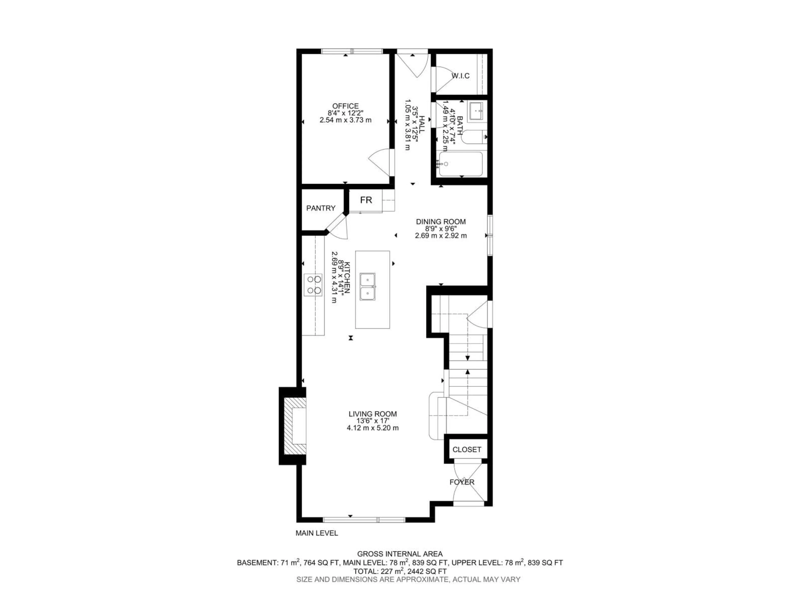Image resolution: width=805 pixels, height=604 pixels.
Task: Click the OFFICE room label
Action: [x=345, y=106]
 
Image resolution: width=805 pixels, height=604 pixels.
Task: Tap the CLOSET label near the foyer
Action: [x=467, y=450]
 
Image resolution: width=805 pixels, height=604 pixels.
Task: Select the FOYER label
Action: [x=462, y=482]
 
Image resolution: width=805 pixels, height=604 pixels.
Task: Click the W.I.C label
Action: [x=460, y=76]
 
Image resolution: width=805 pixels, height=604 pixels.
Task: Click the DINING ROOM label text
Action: [x=441, y=221]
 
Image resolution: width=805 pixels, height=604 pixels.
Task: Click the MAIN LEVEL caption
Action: [x=317, y=533]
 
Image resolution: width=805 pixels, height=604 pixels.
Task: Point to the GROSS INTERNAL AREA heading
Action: [x=400, y=554]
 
